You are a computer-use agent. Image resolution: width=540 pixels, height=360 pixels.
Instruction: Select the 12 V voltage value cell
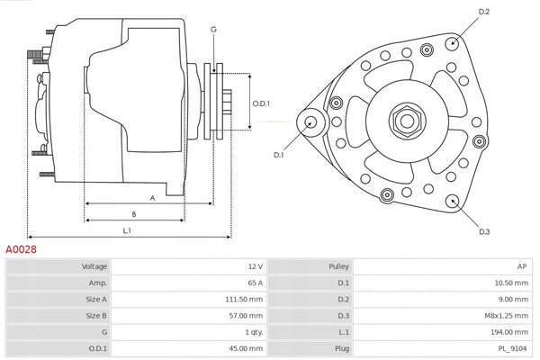tap(254, 266)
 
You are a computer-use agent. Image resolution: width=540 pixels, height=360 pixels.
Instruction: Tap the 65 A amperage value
tap(254, 283)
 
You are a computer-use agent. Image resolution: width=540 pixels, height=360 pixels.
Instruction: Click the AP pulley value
tap(523, 266)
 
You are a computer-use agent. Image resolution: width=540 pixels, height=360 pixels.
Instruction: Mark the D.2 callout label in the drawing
tap(483, 12)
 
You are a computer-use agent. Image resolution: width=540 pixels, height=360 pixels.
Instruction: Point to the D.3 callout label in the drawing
tap(484, 231)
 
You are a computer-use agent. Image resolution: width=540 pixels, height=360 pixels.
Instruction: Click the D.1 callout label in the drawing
tap(279, 155)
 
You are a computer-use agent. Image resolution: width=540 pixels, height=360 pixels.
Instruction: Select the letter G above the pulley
tap(213, 30)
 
